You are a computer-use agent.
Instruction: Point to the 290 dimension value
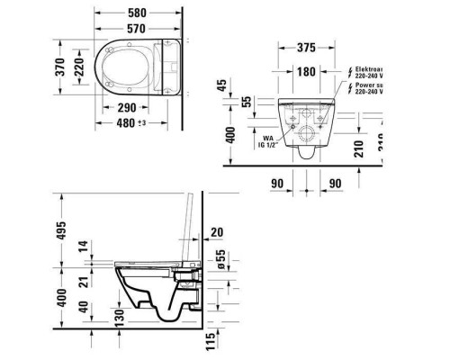click(130, 107)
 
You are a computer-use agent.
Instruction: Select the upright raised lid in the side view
click(190, 225)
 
